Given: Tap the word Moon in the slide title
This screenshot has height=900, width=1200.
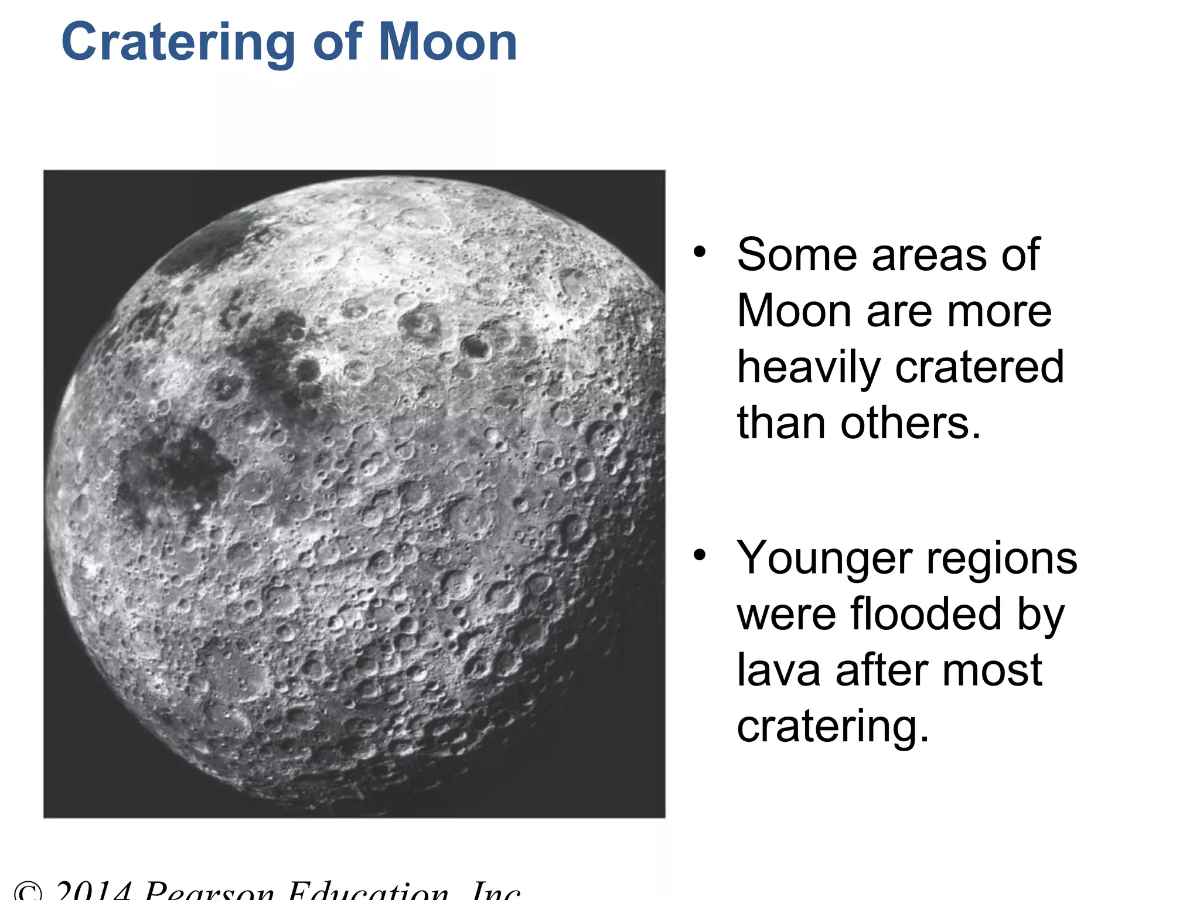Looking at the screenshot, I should pyautogui.click(x=448, y=42).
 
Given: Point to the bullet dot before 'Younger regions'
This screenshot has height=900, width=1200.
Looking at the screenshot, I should pyautogui.click(x=699, y=555).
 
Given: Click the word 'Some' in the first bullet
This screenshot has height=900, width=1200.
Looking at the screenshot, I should pyautogui.click(x=797, y=255).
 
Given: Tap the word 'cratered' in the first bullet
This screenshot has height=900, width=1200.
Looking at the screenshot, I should pyautogui.click(x=980, y=367).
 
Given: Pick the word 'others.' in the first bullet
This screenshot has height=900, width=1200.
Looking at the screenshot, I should pyautogui.click(x=911, y=423).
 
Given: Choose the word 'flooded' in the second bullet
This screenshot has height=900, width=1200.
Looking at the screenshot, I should pyautogui.click(x=926, y=614).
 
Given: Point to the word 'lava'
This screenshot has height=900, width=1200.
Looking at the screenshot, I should pyautogui.click(x=779, y=670).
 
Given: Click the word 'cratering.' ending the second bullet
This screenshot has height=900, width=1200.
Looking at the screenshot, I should pyautogui.click(x=833, y=727).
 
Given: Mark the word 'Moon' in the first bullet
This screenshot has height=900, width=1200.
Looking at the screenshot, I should pyautogui.click(x=794, y=311).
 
